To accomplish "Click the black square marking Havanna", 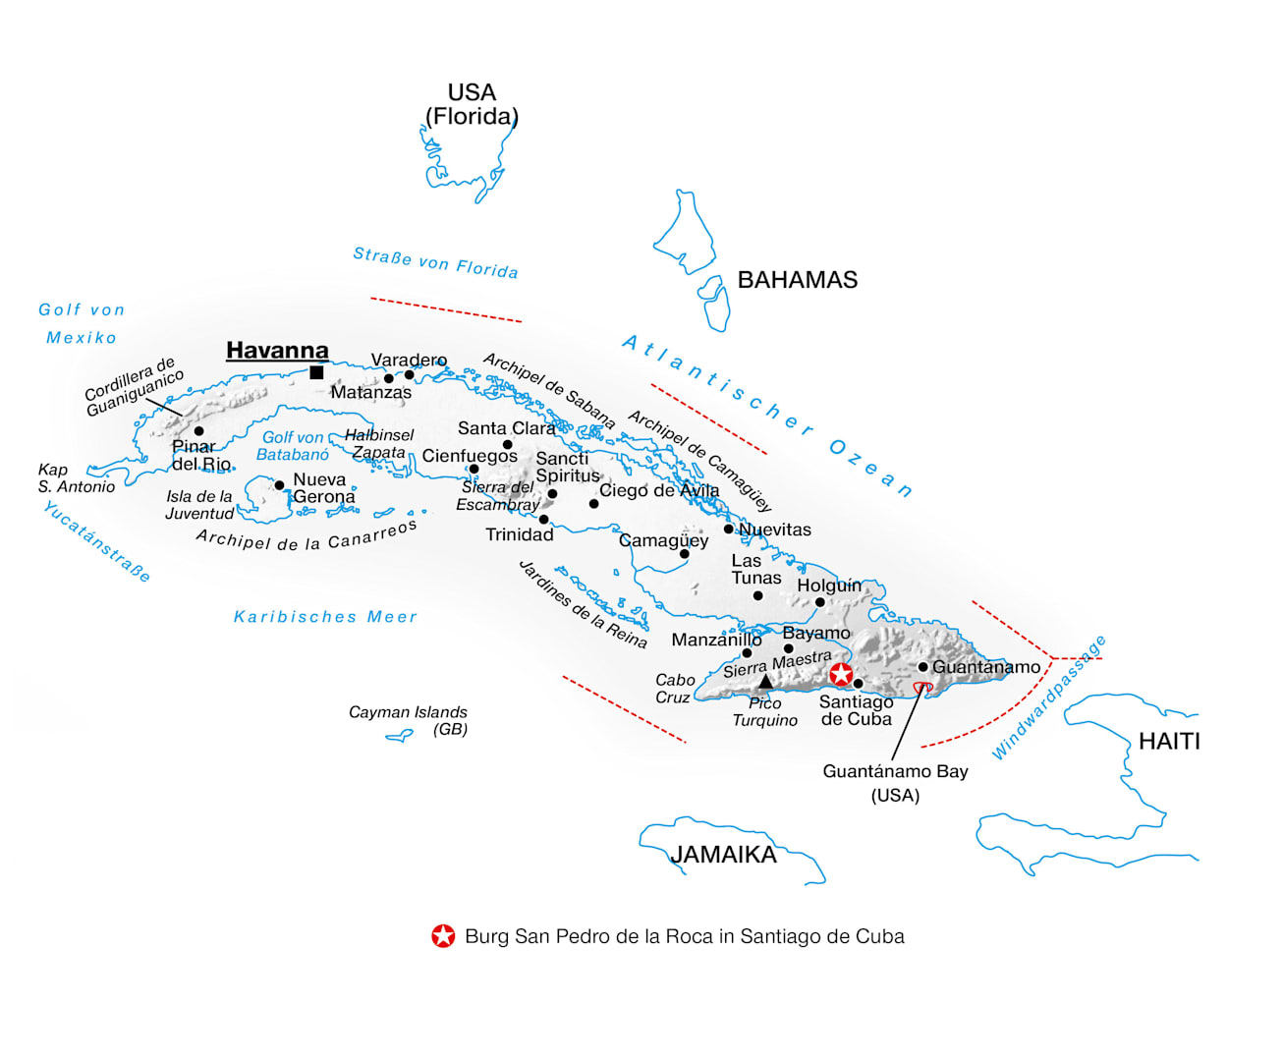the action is [x=316, y=372].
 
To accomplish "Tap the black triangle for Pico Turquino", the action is [x=765, y=682].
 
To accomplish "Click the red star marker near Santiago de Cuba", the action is [x=841, y=674].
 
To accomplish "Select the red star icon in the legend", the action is [x=443, y=935].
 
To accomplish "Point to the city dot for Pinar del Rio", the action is [x=198, y=431].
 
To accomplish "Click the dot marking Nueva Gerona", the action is [x=279, y=485].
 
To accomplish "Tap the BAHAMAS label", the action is [x=797, y=280].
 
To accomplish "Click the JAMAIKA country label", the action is [x=723, y=855].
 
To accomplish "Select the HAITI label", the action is [x=1169, y=741].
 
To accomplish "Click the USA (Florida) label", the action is [x=472, y=104].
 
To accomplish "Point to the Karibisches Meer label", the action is [x=325, y=616].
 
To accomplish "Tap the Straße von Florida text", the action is [x=435, y=263].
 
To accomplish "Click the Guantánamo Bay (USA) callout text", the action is [x=895, y=783].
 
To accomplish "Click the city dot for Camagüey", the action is [x=684, y=554].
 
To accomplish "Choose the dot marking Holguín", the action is [x=819, y=602].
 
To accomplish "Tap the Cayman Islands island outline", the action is [x=400, y=736].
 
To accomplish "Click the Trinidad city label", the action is [x=520, y=534].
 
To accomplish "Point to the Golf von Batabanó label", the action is [x=293, y=446].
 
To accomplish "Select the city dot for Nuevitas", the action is [x=728, y=529].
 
